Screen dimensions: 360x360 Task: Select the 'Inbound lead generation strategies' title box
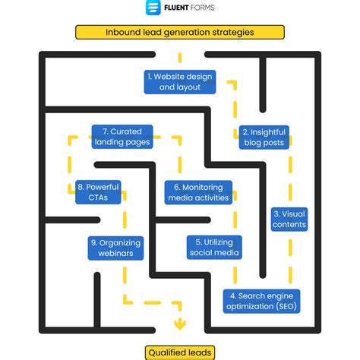[179, 32]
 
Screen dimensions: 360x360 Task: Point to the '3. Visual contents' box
[289, 219]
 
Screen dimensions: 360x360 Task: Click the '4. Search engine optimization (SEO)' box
[262, 301]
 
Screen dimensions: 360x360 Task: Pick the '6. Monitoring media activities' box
[197, 192]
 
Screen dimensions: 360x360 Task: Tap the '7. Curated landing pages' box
[122, 137]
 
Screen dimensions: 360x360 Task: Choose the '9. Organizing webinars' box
[116, 247]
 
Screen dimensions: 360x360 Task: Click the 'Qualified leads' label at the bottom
[180, 351]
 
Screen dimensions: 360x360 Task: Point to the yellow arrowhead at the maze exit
[180, 326]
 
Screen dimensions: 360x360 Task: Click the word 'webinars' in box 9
[116, 253]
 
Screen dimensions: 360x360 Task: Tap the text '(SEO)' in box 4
[287, 307]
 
